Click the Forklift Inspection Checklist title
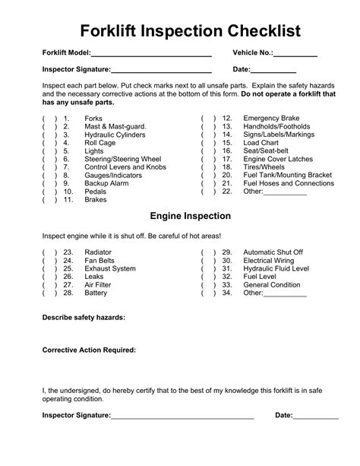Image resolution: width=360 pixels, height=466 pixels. [x=180, y=31]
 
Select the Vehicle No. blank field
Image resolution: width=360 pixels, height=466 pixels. [x=295, y=54]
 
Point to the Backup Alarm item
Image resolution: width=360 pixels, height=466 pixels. [x=106, y=183]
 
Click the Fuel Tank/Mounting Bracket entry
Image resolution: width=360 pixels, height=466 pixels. [x=287, y=174]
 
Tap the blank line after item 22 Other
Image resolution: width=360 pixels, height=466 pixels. [x=286, y=193]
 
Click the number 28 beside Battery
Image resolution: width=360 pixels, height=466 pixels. [x=68, y=293]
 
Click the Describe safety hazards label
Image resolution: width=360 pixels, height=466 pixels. [x=84, y=317]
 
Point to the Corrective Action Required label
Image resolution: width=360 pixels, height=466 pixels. [x=89, y=350]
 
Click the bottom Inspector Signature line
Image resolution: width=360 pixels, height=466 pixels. [x=182, y=416]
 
